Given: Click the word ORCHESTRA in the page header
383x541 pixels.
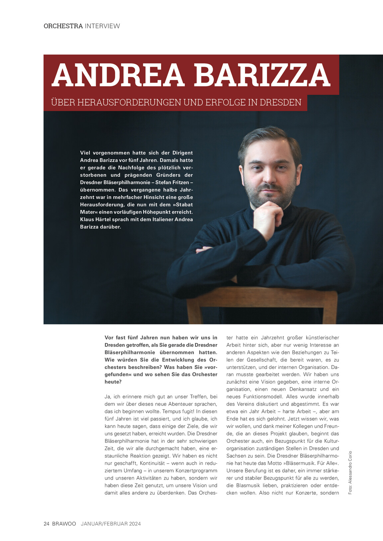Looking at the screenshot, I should pyautogui.click(x=63, y=26).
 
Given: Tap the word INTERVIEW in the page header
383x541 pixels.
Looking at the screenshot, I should pyautogui.click(x=102, y=26).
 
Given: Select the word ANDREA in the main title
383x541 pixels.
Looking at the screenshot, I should pyautogui.click(x=118, y=75).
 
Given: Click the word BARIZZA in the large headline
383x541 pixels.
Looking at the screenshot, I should pyautogui.click(x=262, y=75).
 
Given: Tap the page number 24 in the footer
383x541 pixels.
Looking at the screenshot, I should pyautogui.click(x=47, y=524).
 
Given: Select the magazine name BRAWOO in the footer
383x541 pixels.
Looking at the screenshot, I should pyautogui.click(x=64, y=524).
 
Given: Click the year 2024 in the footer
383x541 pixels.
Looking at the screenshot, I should pyautogui.click(x=135, y=524).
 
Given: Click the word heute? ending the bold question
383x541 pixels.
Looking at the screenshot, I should pyautogui.click(x=113, y=382).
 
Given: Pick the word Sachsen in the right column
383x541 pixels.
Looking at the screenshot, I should pyautogui.click(x=237, y=456).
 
